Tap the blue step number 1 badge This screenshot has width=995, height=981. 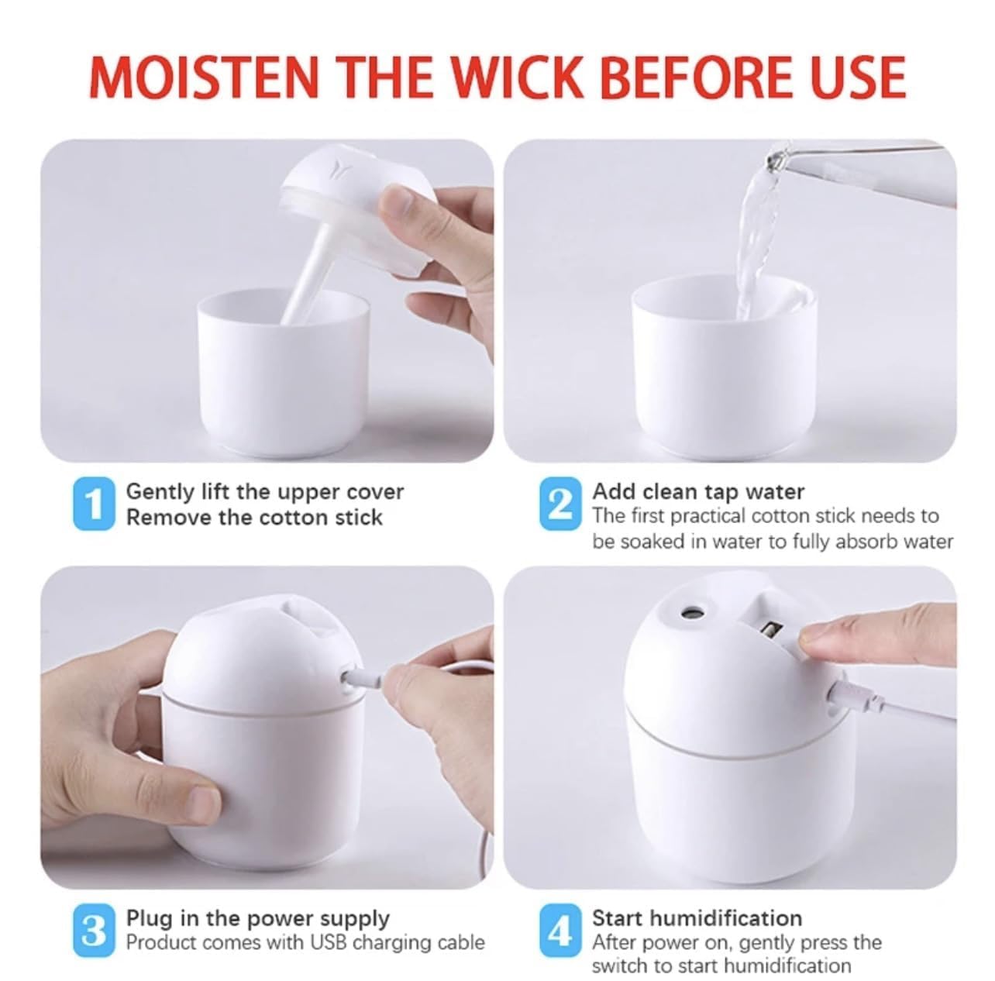pos(94,504)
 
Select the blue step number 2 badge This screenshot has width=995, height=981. pos(559,504)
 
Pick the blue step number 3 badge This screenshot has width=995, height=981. pos(94,930)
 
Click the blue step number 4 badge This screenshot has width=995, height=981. pos(559,930)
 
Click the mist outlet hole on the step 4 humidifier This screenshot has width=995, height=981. pos(687,613)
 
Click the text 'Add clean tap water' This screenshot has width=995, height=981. pos(698,491)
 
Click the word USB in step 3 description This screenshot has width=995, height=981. pos(329,942)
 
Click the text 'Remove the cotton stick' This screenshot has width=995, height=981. pos(254,517)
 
